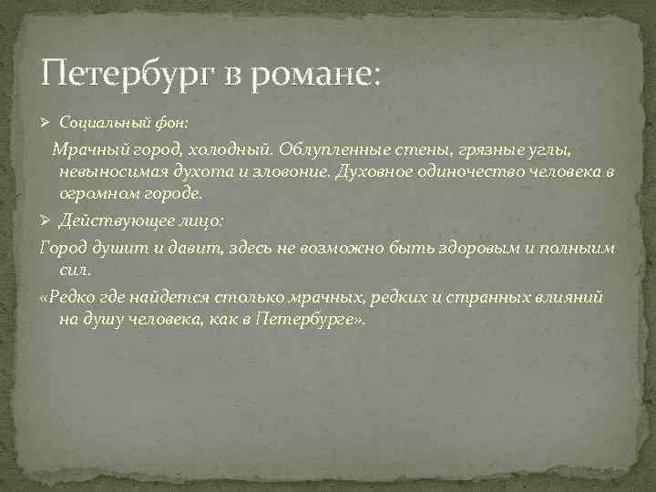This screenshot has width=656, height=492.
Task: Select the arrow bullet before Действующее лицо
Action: [x=47, y=221]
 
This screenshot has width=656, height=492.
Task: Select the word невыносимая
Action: [x=108, y=171]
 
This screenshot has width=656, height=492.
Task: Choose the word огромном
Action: [x=96, y=194]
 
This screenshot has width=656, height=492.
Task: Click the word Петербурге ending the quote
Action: [x=306, y=321]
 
